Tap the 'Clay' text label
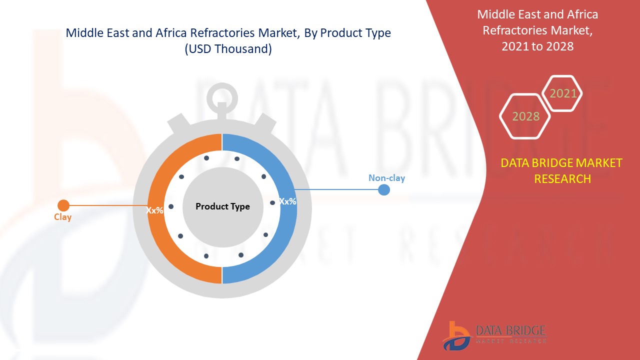point(63,217)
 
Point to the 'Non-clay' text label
point(386,178)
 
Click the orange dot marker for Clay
point(63,205)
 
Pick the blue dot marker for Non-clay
point(383,189)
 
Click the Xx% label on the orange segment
point(154,210)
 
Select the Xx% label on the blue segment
point(287,201)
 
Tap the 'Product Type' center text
point(222,206)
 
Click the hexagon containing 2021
point(563,93)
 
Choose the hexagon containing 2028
point(525,116)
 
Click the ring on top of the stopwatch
point(222,96)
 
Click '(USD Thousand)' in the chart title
point(228,49)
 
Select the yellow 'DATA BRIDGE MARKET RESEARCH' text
point(562,170)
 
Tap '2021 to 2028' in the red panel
point(537,46)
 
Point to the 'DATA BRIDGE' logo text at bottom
point(510,330)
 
